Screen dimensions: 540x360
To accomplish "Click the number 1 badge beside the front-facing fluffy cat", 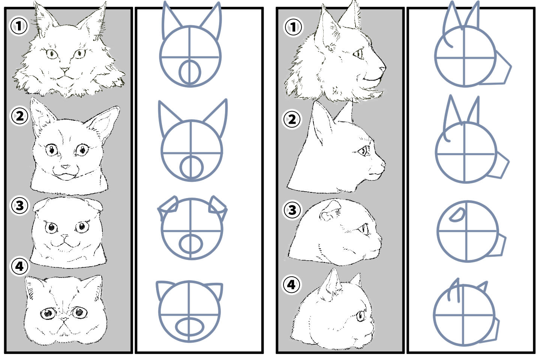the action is coord(19,26).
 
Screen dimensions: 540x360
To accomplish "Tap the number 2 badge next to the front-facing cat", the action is coord(19,116).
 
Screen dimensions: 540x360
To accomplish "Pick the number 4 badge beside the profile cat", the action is coord(291,285).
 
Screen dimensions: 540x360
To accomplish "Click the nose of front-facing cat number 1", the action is coord(65,70).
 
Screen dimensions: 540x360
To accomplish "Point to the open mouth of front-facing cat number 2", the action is coord(66,175).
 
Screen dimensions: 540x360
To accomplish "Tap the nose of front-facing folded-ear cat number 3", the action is coord(64,236).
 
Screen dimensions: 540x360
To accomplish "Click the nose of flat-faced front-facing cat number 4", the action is coord(64,319).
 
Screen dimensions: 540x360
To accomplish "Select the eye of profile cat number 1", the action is coord(358,54).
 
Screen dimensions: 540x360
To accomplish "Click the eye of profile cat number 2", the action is coord(363,151).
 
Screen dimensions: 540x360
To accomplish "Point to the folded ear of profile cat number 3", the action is coord(330,211).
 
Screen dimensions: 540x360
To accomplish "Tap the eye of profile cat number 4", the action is coord(361,316).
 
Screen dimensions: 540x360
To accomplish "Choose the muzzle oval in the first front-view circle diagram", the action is coord(190,72).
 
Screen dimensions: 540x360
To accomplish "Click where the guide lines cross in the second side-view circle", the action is coord(465,154).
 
